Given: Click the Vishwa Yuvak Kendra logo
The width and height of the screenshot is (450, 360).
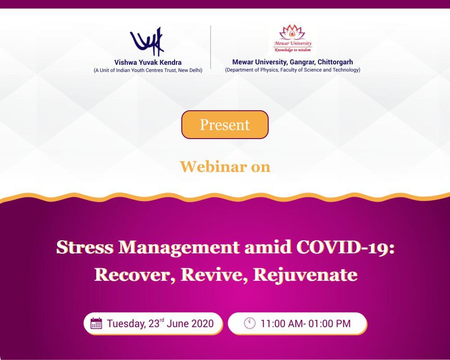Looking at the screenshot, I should click(x=147, y=41).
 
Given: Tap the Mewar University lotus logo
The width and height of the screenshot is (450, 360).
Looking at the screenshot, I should click(x=293, y=40).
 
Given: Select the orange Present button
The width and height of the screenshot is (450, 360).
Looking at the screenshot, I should click(x=225, y=125).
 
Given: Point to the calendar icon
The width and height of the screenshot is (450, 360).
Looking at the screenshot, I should click(x=96, y=324).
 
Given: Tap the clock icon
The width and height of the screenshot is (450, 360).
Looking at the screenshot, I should click(x=249, y=324).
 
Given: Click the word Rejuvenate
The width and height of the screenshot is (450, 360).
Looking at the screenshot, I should click(x=305, y=274).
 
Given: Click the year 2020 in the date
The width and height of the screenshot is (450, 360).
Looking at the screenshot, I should click(x=202, y=324).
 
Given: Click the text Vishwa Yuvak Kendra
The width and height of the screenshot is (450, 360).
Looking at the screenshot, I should click(x=148, y=63).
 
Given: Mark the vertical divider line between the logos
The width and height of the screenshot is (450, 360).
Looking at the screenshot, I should click(x=211, y=47).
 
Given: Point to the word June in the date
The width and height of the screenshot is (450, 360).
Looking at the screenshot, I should click(x=177, y=324).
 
